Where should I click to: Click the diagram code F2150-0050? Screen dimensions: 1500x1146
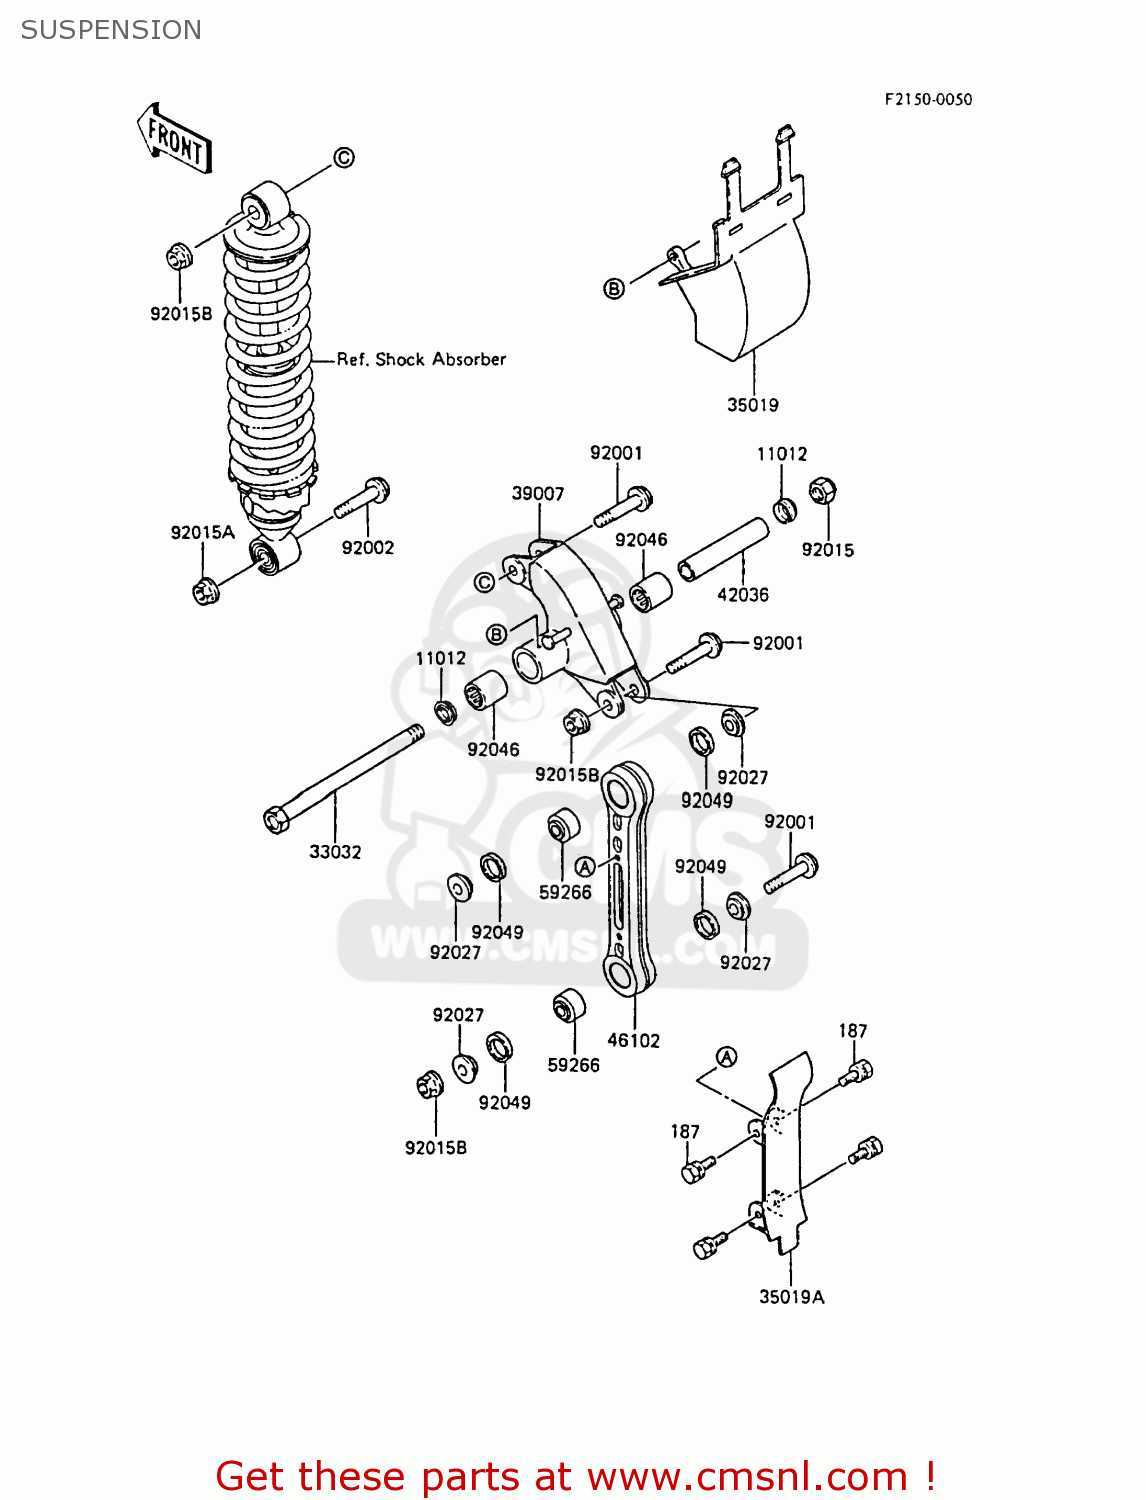pyautogui.click(x=927, y=99)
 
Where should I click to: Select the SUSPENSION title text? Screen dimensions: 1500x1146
pyautogui.click(x=111, y=30)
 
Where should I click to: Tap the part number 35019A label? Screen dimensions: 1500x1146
pyautogui.click(x=791, y=1297)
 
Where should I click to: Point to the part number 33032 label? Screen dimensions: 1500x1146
pyautogui.click(x=335, y=852)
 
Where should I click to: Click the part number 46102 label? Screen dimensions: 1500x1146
pyautogui.click(x=633, y=1040)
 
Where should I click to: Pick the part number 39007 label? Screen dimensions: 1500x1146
pyautogui.click(x=537, y=494)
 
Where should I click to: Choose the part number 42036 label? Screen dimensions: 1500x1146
pyautogui.click(x=742, y=595)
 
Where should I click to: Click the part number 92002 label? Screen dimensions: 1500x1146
pyautogui.click(x=367, y=548)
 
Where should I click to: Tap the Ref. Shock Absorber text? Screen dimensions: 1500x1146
pyautogui.click(x=421, y=359)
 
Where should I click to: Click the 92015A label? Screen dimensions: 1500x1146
pyautogui.click(x=202, y=533)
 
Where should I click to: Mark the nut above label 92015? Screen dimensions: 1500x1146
pyautogui.click(x=821, y=491)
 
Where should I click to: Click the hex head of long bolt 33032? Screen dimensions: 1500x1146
pyautogui.click(x=276, y=820)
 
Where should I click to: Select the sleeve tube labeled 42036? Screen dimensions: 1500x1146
pyautogui.click(x=723, y=549)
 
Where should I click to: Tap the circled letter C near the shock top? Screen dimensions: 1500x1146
pyautogui.click(x=343, y=158)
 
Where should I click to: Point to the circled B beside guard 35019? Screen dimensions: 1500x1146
pyautogui.click(x=614, y=289)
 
